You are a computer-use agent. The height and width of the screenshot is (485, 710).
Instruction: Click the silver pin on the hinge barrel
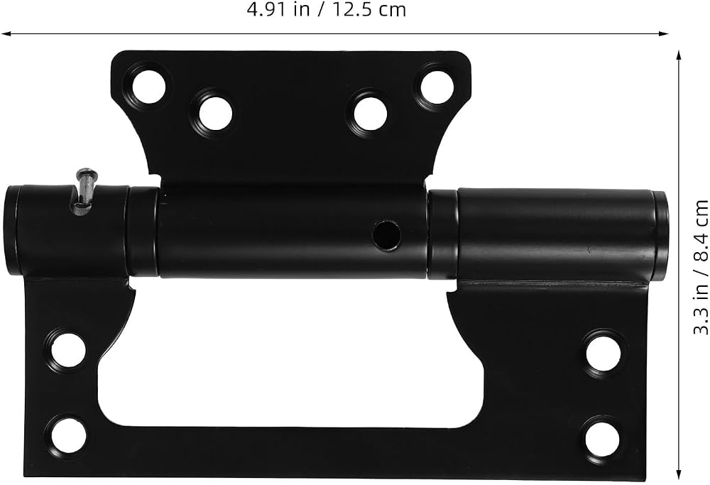84,190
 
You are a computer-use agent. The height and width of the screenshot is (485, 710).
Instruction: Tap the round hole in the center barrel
386,235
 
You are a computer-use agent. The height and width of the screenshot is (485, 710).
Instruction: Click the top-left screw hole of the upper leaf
148,87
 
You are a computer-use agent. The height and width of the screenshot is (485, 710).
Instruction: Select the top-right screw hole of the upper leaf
437,87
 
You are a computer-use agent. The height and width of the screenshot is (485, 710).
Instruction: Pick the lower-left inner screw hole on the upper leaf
215,113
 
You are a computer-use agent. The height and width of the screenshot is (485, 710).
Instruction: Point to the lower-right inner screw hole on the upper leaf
371,114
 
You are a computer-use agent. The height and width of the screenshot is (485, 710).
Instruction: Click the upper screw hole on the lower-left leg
68,350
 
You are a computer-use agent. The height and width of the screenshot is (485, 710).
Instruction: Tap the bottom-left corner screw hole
68,435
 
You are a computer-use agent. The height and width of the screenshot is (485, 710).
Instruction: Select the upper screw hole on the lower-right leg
603,353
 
